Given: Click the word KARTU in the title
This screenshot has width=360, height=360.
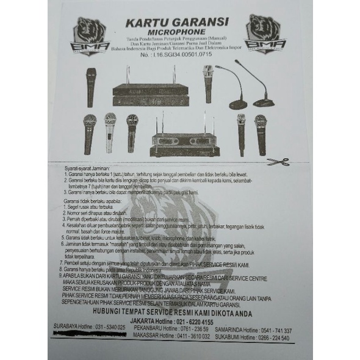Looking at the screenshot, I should point(146,23).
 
